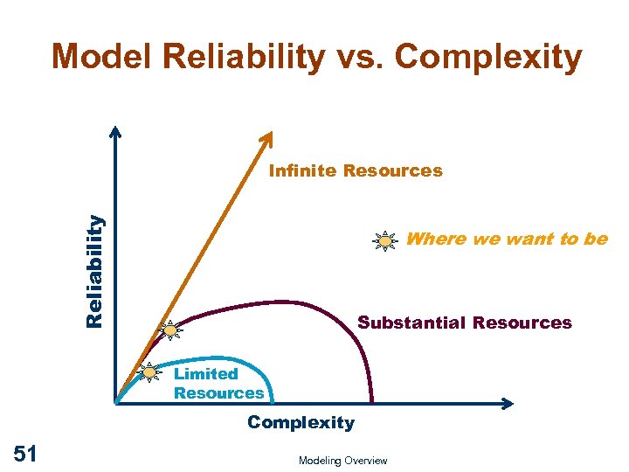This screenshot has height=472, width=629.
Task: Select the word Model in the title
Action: pos(101,58)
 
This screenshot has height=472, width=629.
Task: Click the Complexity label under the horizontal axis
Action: pos(301,423)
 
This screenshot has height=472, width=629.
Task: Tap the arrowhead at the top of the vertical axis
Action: pos(115,130)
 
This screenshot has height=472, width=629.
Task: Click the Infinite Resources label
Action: pos(356,171)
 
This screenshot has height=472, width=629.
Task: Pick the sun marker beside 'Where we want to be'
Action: pos(384,240)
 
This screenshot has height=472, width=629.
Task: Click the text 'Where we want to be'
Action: pos(507,239)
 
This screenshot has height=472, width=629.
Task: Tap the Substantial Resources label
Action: pos(465,323)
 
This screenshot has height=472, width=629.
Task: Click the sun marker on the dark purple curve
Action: pos(170,330)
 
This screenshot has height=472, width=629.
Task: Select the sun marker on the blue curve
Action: pos(149,373)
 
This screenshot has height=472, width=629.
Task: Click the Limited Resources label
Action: pos(218,384)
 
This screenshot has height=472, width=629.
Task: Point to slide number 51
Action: pos(25,452)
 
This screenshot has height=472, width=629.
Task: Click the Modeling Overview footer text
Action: pos(342,461)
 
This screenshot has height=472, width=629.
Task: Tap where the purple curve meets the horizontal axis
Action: pos(373,401)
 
